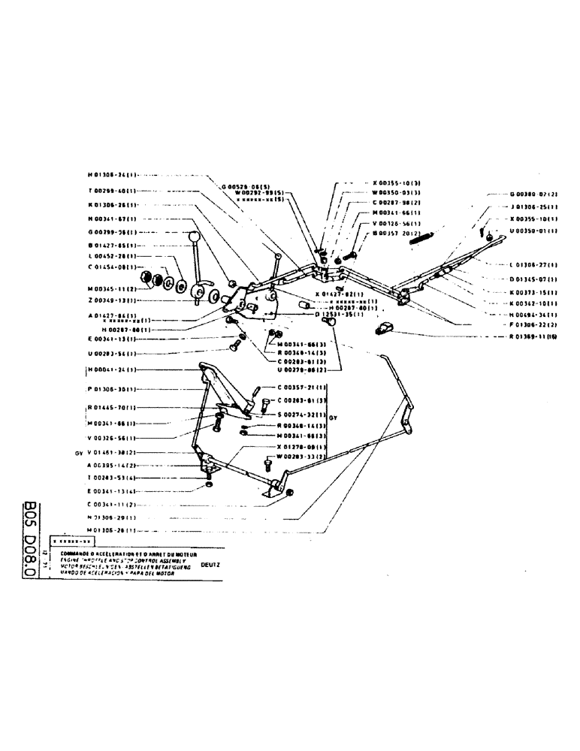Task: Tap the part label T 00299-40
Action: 111,191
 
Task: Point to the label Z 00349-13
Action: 111,300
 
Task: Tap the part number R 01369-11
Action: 534,337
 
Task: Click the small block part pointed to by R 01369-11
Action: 386,327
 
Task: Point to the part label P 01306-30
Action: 111,389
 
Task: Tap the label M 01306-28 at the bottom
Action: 111,529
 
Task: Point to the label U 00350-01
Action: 533,232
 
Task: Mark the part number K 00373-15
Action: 533,293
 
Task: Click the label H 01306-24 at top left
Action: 111,174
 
